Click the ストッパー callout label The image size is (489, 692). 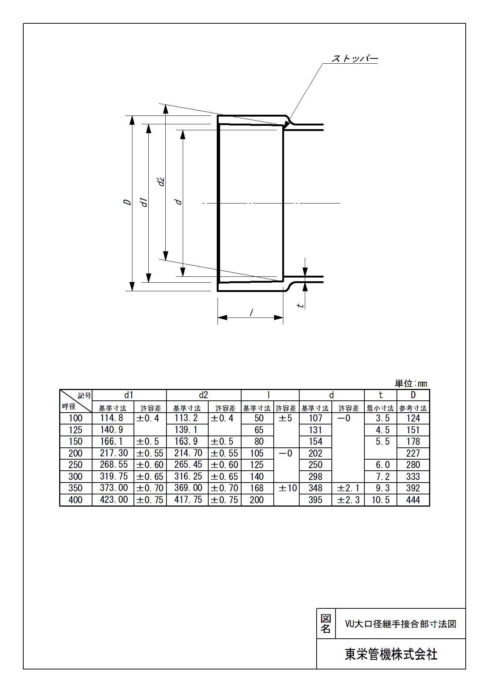pos(355,59)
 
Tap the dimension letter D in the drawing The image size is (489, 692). pos(127,202)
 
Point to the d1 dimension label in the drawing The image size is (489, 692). pos(145,202)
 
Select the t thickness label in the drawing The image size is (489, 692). pos(301,305)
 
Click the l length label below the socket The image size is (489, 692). pos(252,313)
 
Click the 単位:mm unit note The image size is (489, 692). pos(411,383)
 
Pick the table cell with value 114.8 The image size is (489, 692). pos(113,418)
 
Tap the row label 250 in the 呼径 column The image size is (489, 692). pos(75,465)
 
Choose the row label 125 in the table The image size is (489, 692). pos(75,430)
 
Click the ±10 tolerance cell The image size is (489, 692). pos(287,488)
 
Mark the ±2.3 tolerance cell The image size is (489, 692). pos(348,500)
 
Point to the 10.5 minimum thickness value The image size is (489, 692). pos(381,500)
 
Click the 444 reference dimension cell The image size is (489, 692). pos(413,500)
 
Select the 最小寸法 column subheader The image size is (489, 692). pos(380,409)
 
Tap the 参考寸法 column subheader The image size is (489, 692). pos(413,409)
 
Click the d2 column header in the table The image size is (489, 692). pos(203,395)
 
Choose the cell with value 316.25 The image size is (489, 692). pos(188,477)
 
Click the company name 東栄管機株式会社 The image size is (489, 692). pos(391,654)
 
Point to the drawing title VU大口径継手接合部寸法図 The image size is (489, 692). pos(400,624)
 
